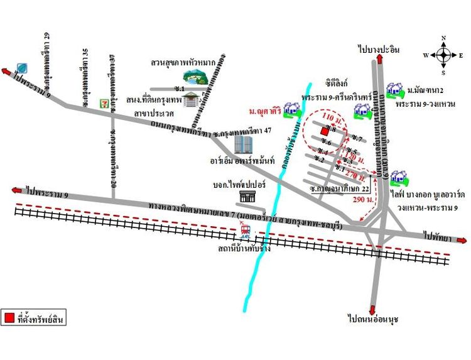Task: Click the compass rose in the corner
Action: pyautogui.click(x=443, y=55)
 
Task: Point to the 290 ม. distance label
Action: pyautogui.click(x=363, y=199)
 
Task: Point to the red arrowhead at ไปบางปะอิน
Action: pyautogui.click(x=380, y=58)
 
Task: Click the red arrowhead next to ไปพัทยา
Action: pyautogui.click(x=463, y=240)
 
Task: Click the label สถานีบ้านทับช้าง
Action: pyautogui.click(x=242, y=248)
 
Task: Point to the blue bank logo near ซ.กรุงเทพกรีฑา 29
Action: pyautogui.click(x=22, y=67)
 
